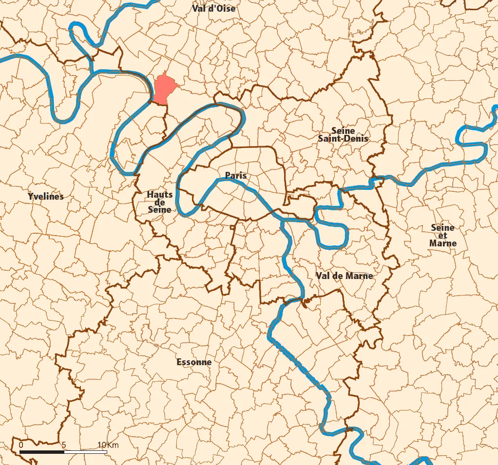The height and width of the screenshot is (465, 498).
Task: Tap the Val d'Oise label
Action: (x=213, y=8)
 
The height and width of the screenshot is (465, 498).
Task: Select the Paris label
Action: (x=236, y=175)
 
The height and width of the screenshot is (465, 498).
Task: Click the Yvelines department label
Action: (x=46, y=197)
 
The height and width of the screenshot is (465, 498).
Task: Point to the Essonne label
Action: (x=194, y=362)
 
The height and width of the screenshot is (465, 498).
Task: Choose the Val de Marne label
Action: (x=344, y=276)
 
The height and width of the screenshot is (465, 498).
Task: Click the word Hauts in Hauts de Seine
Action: (x=160, y=195)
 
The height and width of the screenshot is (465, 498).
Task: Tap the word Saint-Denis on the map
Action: (x=343, y=138)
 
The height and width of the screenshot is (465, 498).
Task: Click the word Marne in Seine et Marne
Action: (x=443, y=243)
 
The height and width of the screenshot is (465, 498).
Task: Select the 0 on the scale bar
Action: (x=21, y=445)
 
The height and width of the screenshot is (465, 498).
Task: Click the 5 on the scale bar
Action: (x=64, y=445)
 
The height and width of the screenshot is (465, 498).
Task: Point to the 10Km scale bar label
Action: (x=108, y=445)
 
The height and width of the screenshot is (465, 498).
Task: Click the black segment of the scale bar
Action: (x=42, y=452)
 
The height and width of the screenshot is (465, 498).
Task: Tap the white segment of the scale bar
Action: (x=86, y=452)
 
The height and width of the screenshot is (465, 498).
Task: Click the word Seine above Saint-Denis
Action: (x=343, y=130)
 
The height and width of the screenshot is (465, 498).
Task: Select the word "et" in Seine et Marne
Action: (x=443, y=235)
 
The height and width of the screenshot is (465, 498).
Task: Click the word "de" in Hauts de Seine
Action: (x=160, y=202)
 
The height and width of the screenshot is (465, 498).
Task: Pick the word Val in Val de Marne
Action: (x=323, y=276)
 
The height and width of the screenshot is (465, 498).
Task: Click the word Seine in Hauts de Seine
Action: (x=160, y=209)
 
